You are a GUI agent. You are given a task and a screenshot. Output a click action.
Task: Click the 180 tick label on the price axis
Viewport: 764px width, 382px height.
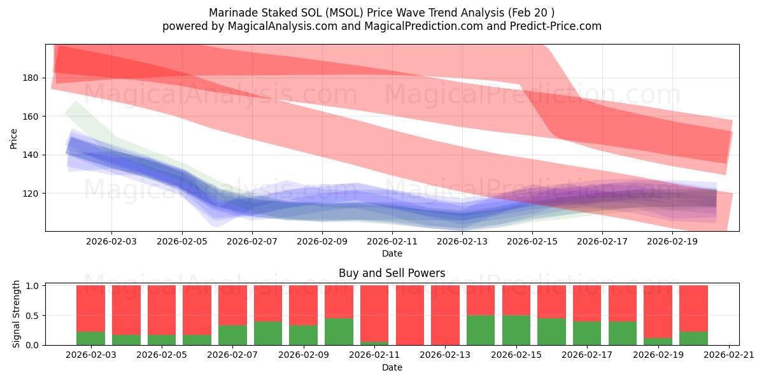point(31,78)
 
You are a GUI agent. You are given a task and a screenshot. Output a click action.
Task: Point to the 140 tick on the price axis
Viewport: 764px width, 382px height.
point(31,155)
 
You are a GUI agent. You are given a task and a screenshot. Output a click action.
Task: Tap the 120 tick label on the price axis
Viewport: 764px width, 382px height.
point(31,194)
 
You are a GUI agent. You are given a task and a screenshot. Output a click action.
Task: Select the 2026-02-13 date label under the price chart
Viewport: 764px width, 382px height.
point(463,242)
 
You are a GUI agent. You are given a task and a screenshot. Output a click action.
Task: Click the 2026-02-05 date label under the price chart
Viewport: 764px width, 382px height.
point(182,242)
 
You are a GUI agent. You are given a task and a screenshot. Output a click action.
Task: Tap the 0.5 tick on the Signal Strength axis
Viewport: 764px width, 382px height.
point(32,315)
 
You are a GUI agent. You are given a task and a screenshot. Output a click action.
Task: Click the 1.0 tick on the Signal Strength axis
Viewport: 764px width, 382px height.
point(32,286)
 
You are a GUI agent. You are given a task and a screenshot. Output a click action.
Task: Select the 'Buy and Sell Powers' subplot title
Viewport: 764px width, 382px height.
point(392,273)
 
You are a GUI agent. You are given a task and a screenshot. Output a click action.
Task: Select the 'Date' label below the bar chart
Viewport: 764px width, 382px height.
point(392,367)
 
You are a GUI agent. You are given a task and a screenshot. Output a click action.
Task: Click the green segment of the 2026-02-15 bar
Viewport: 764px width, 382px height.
point(516,330)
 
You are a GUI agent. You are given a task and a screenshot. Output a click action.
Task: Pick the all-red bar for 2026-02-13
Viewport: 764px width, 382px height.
point(445,315)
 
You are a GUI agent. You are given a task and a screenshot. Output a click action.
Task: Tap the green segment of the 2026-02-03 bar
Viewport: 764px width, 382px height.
point(90,338)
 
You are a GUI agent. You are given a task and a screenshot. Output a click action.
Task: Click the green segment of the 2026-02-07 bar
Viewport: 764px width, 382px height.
point(232,335)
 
